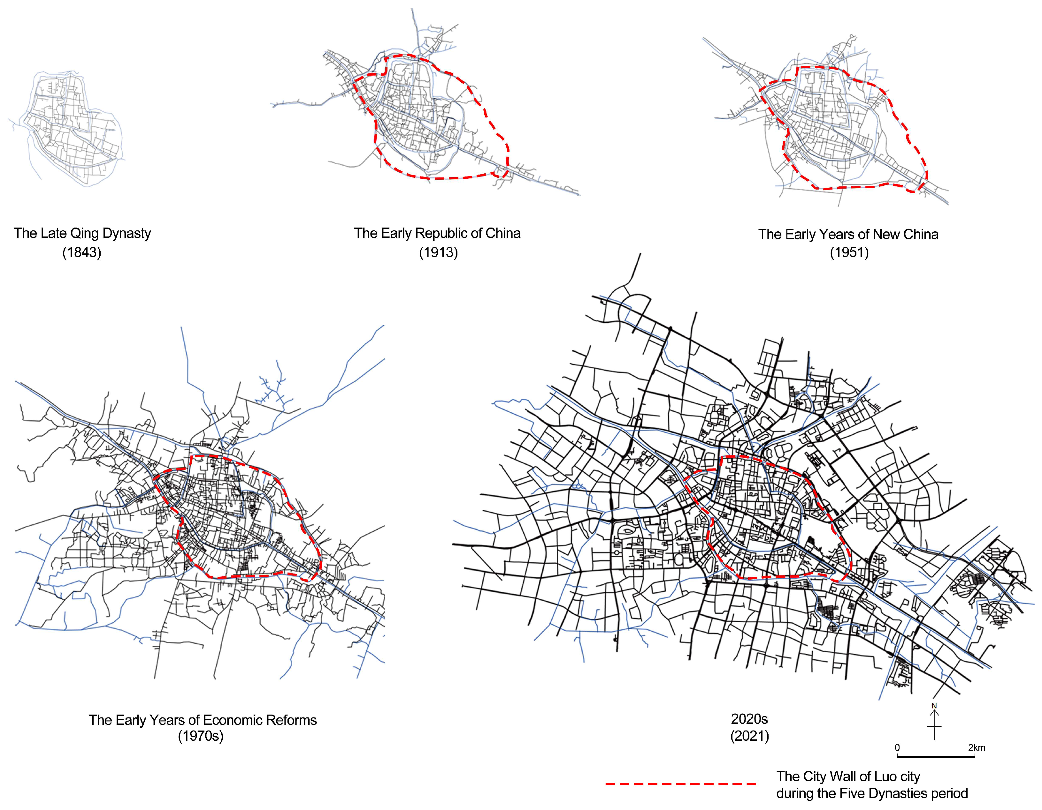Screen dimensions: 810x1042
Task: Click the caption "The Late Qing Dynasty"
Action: point(82,233)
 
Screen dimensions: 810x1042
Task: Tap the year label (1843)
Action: point(81,252)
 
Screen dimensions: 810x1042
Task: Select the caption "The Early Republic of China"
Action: point(437,233)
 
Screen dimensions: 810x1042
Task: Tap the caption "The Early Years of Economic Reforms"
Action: point(202,720)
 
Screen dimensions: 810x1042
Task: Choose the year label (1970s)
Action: point(200,736)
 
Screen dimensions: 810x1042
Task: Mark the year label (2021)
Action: point(749,736)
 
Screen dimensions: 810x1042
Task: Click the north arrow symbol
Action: point(934,725)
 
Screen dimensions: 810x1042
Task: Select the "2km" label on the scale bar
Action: point(977,747)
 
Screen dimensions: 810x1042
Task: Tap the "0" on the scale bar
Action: point(897,747)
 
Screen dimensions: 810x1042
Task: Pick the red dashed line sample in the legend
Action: point(681,783)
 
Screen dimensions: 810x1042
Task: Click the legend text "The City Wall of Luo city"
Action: point(848,776)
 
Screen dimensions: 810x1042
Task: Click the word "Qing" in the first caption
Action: point(84,233)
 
